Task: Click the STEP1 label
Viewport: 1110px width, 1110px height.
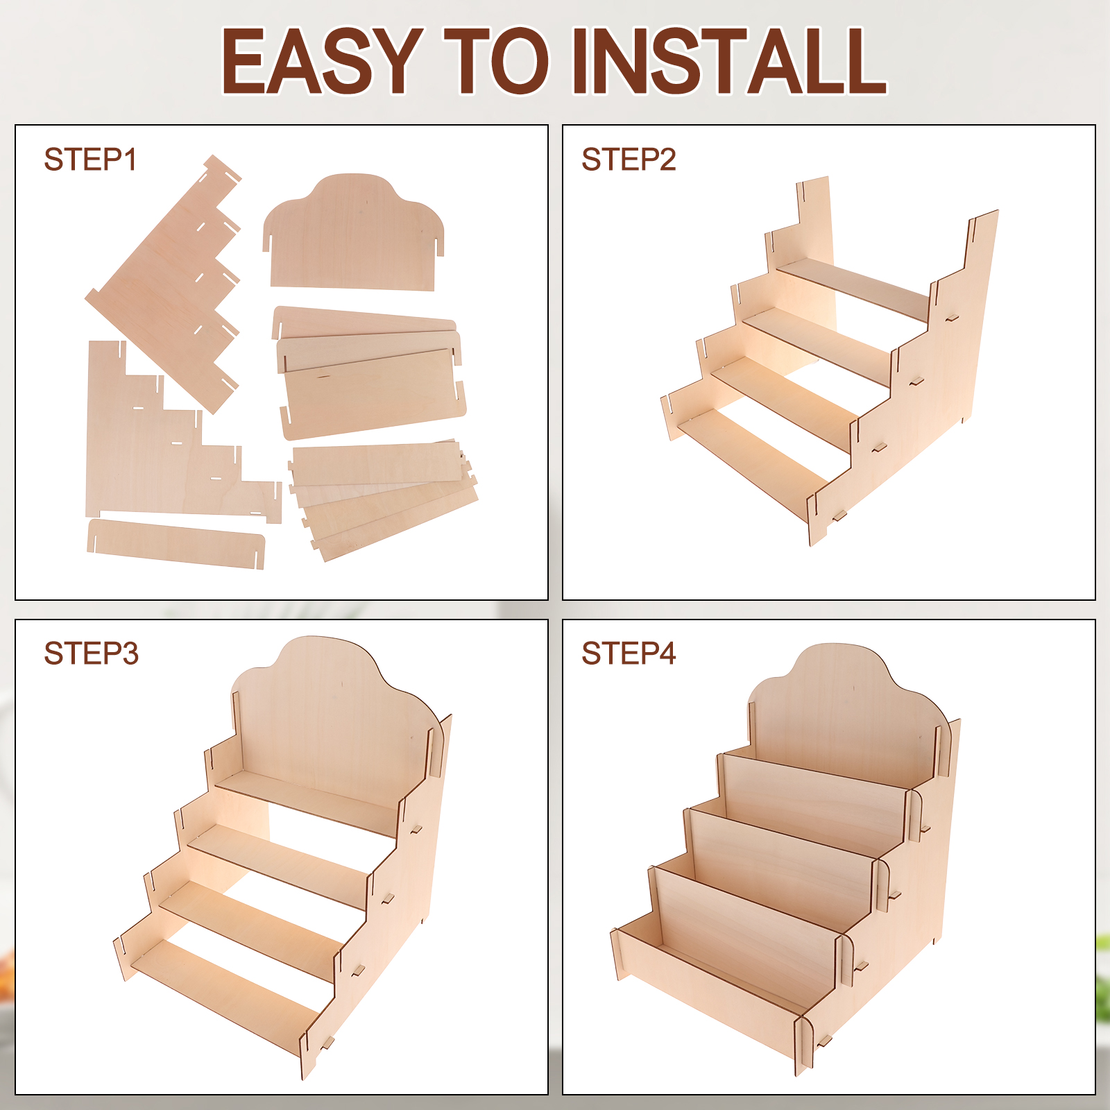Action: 90,160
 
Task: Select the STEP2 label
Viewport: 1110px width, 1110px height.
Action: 629,160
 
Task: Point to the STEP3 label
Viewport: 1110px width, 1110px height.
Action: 91,654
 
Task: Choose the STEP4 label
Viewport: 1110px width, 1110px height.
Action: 629,654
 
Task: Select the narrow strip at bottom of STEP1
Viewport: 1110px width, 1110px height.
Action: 176,544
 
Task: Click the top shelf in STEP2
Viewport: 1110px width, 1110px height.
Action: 853,289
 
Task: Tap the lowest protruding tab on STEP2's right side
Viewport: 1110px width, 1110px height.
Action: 839,515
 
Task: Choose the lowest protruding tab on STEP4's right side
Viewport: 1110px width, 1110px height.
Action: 825,1041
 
